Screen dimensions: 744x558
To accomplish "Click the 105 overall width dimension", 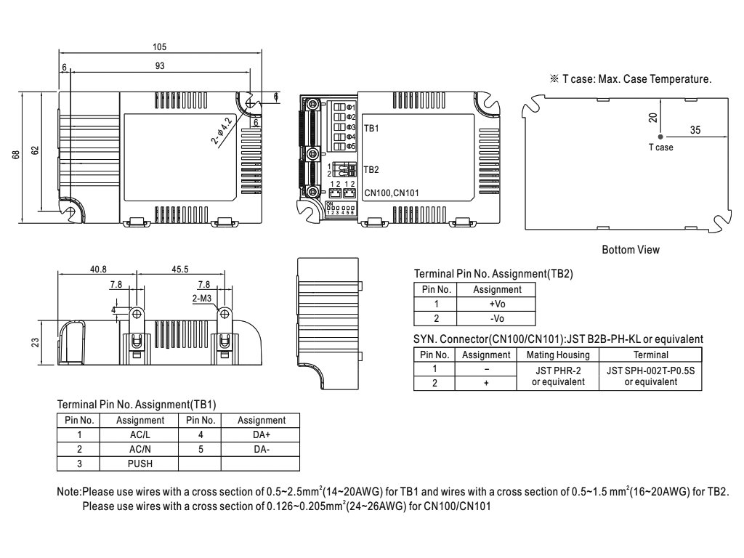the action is pos(159,46).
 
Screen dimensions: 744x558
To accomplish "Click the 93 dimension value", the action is pos(159,66).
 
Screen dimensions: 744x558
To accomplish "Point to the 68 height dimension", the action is pos(16,155).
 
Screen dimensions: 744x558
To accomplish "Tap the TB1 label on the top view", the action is pos(371,127).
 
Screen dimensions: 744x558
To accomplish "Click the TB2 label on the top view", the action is pos(371,169).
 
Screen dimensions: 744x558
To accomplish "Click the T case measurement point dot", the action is pos(660,137).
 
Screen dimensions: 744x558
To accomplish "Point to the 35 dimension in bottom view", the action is pos(695,130).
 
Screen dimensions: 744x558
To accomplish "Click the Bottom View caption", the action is pos(631,250).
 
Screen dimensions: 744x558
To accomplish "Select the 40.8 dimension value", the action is pos(98,269).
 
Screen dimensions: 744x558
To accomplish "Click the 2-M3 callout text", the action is pos(202,298).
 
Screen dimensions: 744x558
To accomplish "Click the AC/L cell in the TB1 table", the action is pos(139,434).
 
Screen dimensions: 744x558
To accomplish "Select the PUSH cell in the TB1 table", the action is pos(139,463).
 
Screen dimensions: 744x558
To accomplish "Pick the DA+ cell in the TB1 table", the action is pos(262,434).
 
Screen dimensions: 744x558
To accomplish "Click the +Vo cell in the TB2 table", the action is pos(497,304).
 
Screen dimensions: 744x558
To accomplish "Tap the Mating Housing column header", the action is pos(557,355).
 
